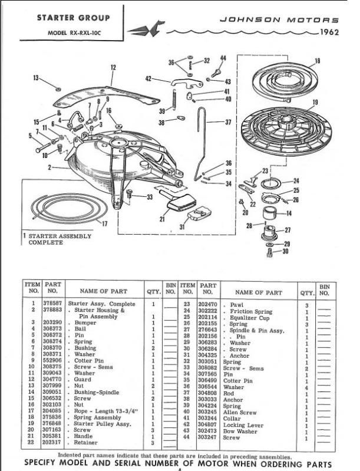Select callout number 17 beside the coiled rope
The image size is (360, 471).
(104, 223)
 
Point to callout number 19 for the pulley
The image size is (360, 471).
(315, 101)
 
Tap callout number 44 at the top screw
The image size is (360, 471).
(223, 58)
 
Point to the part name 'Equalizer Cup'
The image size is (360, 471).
(248, 317)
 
